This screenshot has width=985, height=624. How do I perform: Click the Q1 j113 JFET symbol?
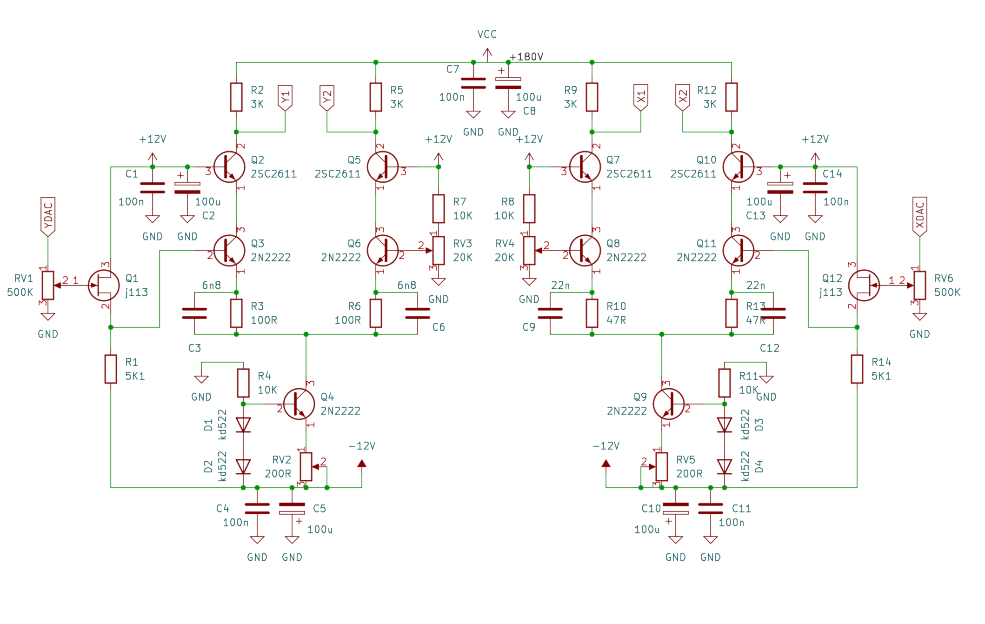104,285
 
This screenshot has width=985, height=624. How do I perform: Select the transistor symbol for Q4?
299,404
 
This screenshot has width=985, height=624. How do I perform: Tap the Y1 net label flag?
285,98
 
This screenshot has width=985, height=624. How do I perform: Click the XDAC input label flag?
919,216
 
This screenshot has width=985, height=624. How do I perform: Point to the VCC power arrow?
487,55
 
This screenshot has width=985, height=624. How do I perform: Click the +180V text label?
526,57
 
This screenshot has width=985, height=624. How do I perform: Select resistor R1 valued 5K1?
111,369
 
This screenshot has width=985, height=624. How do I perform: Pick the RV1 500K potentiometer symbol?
48,285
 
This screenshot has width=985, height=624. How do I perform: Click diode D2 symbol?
243,466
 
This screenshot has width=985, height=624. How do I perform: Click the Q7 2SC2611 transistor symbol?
585,167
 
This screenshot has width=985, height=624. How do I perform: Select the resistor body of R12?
731,97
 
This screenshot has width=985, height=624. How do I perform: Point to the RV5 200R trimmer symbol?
661,466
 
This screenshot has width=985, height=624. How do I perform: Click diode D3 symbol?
724,425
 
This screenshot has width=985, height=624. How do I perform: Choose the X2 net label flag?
682,98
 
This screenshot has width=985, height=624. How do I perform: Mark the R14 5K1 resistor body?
857,369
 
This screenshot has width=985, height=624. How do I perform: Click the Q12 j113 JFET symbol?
864,285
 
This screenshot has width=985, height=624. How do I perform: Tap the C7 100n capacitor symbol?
473,83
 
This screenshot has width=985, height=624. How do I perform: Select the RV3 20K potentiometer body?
439,250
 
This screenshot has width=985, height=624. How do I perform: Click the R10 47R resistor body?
592,313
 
